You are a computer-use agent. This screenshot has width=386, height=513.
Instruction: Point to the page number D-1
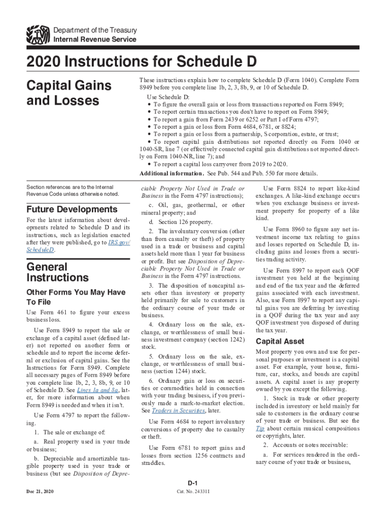192,483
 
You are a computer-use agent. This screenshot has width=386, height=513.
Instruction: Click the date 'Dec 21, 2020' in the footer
40,491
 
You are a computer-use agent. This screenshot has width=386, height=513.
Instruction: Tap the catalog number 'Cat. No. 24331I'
193,491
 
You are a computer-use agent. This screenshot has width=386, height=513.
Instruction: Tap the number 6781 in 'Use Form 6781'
182,448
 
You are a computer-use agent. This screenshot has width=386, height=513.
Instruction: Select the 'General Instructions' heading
58,272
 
